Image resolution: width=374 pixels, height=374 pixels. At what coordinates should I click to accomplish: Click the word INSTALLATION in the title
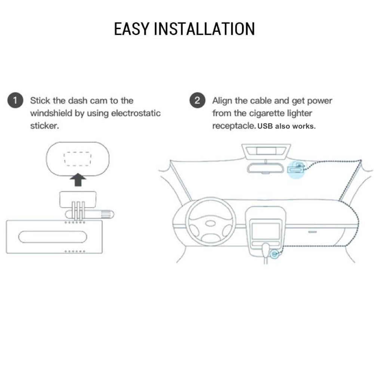pos(205,29)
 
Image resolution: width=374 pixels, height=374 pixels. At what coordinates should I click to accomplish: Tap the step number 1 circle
pos(15,100)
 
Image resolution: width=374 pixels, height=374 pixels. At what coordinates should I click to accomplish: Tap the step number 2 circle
pos(197,100)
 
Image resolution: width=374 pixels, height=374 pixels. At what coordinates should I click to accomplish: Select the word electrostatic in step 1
pos(136,113)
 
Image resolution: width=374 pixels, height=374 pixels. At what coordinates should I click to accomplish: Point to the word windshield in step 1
pos(51,113)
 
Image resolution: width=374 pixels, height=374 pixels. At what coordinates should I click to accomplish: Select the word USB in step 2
pos(265,126)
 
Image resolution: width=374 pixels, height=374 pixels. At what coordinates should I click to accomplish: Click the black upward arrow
pos(78,180)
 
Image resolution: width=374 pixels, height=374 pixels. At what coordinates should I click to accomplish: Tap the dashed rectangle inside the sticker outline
pos(77,159)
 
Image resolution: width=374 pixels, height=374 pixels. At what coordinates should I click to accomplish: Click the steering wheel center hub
pos(210,224)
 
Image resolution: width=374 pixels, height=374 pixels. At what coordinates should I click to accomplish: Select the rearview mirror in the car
pos(266,168)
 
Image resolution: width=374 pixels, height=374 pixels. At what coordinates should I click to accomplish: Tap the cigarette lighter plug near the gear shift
pos(275,254)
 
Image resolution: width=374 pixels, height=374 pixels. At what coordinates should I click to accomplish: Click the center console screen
pos(266,231)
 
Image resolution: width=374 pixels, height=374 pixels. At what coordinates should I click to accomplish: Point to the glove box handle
pos(312,232)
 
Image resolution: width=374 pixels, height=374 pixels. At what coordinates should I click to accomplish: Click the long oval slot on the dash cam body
pos(53,237)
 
